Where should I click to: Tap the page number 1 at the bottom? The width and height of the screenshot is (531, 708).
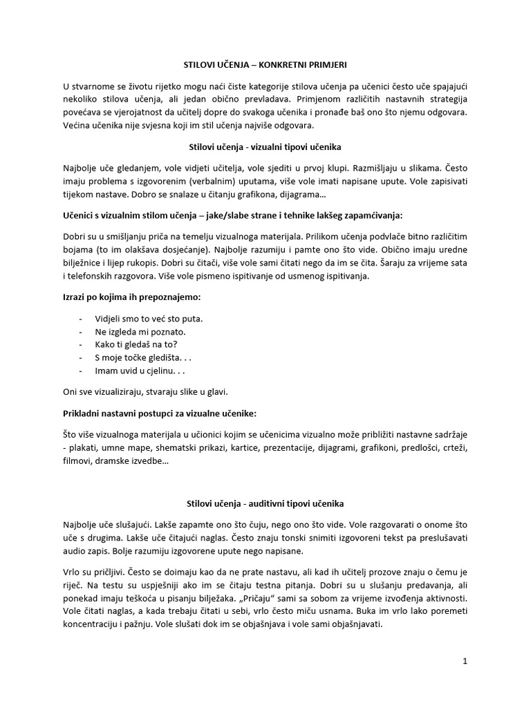coord(465,661)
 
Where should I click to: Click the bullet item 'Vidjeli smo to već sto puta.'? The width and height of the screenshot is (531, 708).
coord(149,319)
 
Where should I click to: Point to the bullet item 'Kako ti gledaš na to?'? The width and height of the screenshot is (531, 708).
coord(138,344)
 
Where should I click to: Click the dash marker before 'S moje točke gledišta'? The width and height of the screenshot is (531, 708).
coord(82,357)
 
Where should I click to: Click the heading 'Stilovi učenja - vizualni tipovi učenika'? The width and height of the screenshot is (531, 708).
coord(265,147)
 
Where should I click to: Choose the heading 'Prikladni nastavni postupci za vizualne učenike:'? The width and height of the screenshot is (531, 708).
coord(159,413)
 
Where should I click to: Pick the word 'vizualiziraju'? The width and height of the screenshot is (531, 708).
coord(111,391)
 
